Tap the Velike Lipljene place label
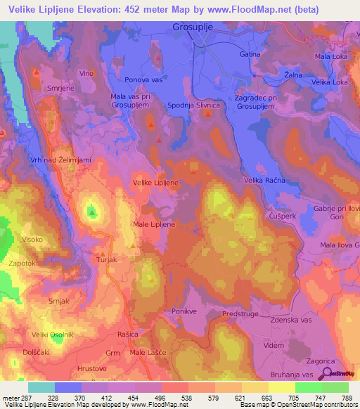pyautogui.click(x=155, y=182)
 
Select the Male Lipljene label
pyautogui.click(x=153, y=224)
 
